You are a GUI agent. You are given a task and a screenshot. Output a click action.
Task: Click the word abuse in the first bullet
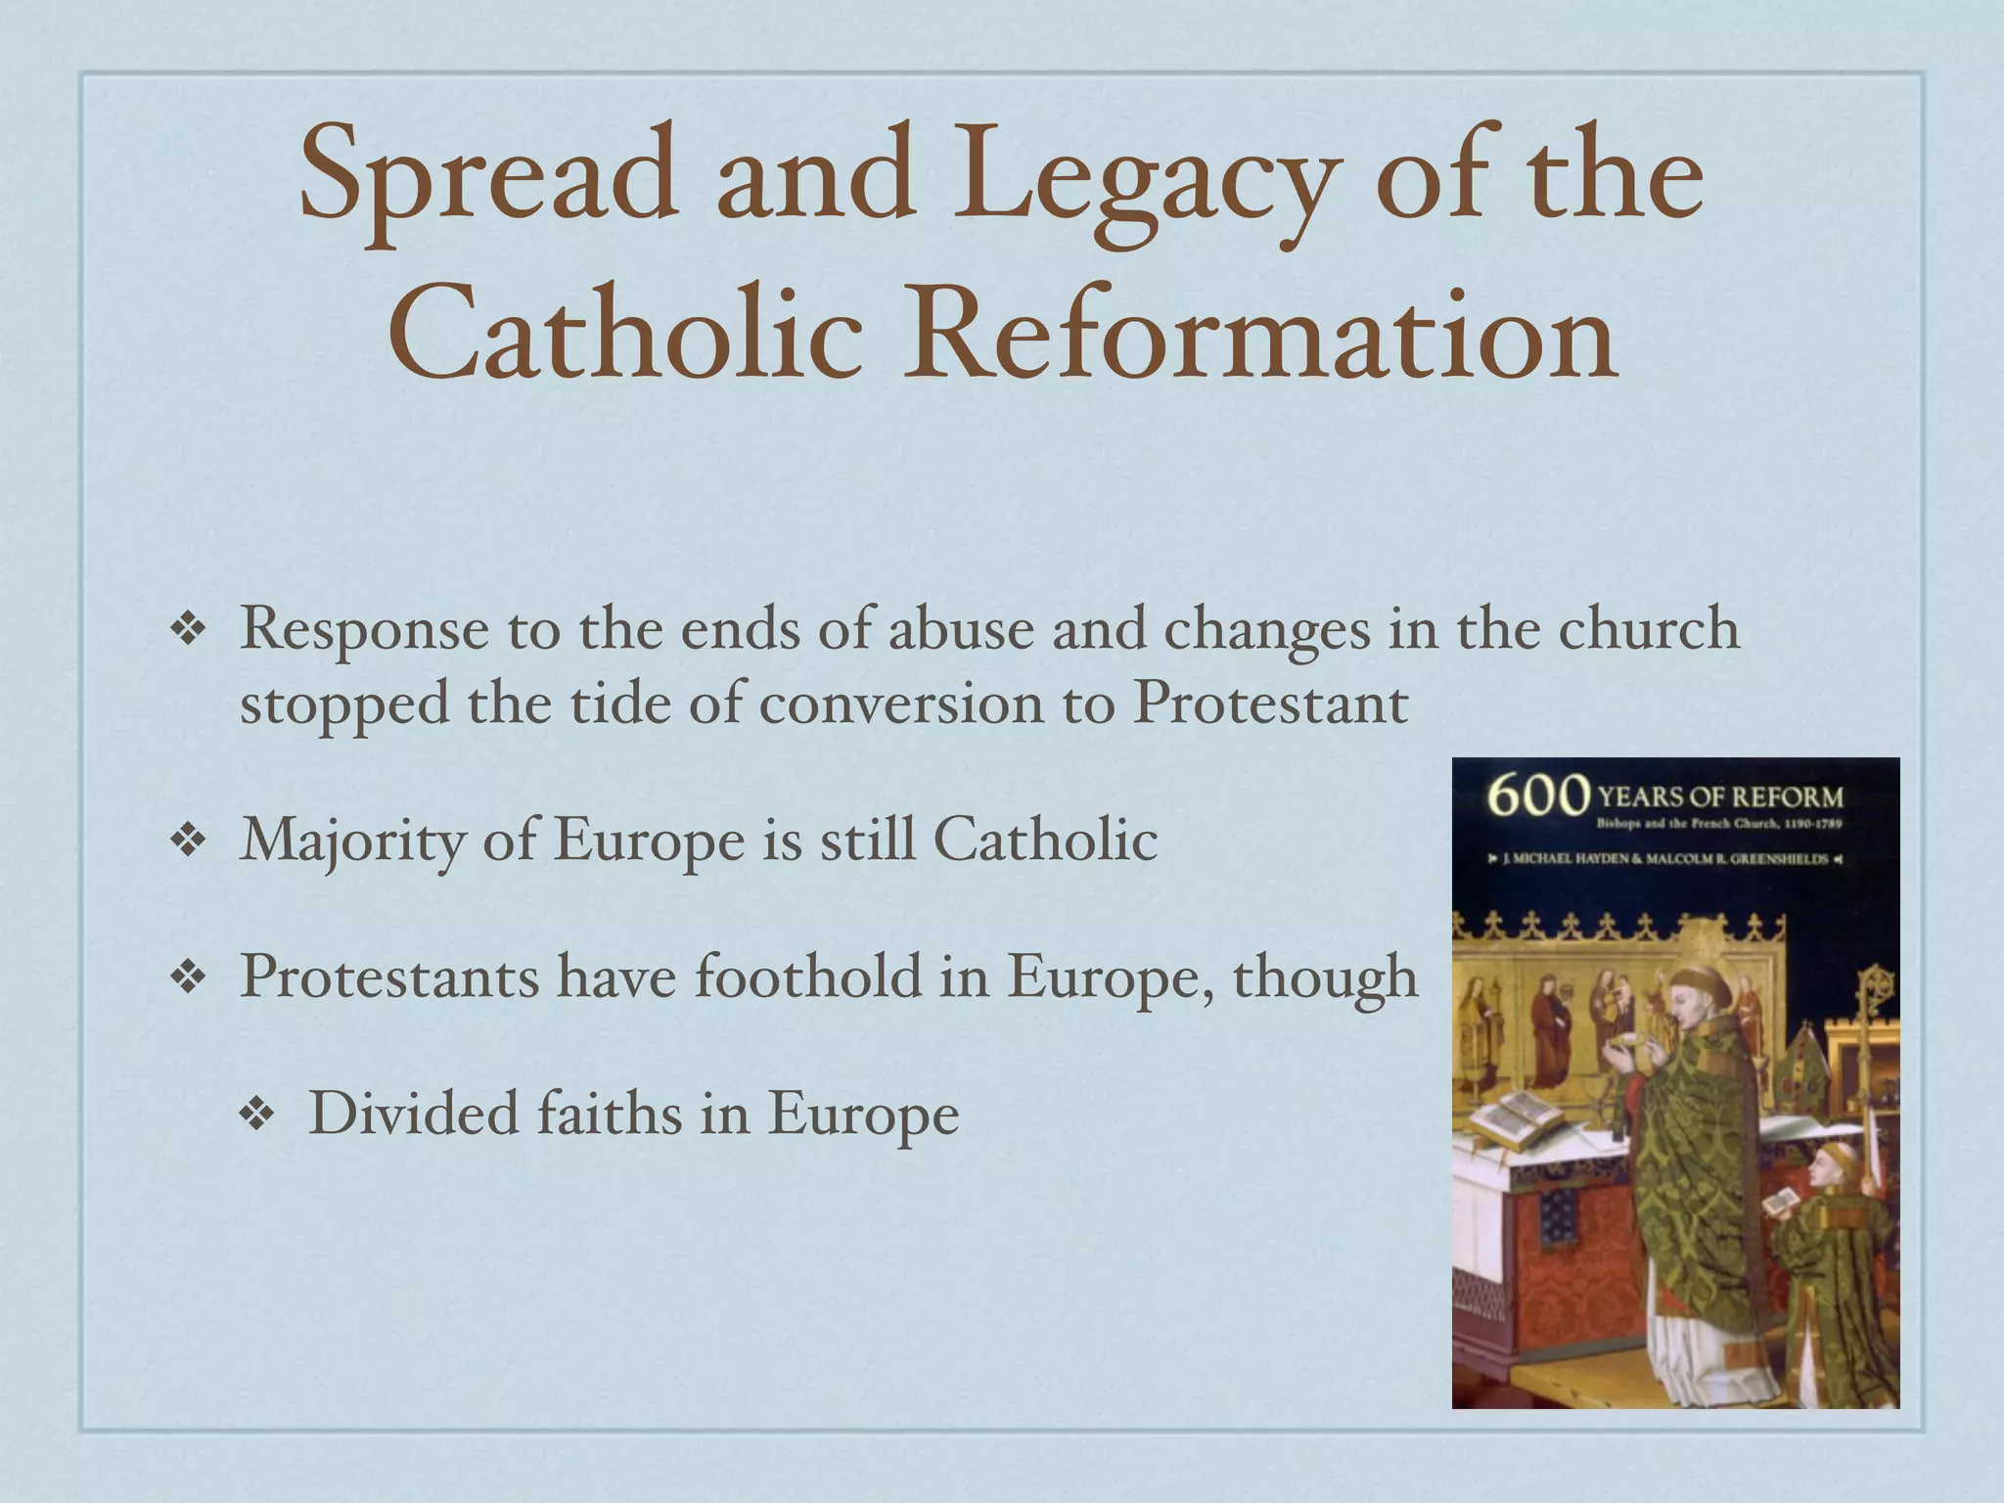[960, 628]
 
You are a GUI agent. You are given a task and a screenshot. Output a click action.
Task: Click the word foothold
[808, 977]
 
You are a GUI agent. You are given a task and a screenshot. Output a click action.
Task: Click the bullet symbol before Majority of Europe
[186, 840]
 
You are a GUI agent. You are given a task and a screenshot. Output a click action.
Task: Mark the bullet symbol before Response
[186, 629]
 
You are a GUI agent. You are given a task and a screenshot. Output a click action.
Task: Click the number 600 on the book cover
[1537, 796]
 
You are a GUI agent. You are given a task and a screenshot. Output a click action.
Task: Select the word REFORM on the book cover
[1792, 797]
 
